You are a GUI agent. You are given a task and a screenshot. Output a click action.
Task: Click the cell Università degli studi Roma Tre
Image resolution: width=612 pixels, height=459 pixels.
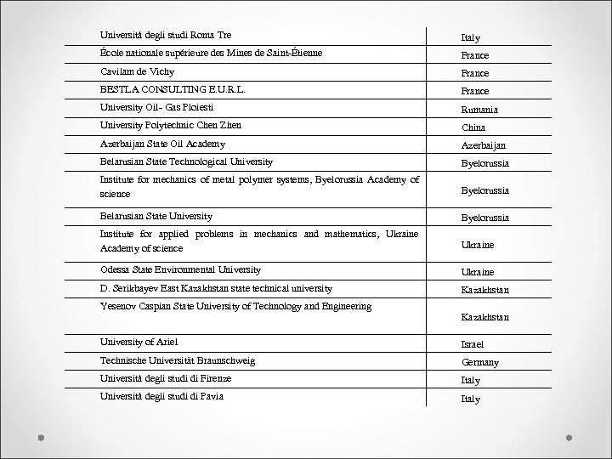click(x=165, y=35)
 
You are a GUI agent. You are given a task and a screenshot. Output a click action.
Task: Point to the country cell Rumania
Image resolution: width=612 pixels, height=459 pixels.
click(x=480, y=110)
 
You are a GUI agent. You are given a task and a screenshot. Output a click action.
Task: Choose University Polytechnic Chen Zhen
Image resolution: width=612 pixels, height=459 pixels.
click(x=170, y=125)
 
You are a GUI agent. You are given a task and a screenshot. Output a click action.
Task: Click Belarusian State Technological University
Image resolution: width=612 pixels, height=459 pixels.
click(x=186, y=161)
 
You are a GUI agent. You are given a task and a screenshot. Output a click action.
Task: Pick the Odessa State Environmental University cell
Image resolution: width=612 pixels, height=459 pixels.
click(x=180, y=269)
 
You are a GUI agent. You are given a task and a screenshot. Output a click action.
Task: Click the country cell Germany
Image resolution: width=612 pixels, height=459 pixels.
click(x=480, y=363)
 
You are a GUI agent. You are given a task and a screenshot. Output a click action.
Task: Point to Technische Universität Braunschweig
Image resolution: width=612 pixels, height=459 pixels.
click(x=178, y=360)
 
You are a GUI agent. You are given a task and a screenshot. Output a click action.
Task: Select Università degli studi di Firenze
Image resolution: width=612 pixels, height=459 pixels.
click(x=165, y=377)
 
